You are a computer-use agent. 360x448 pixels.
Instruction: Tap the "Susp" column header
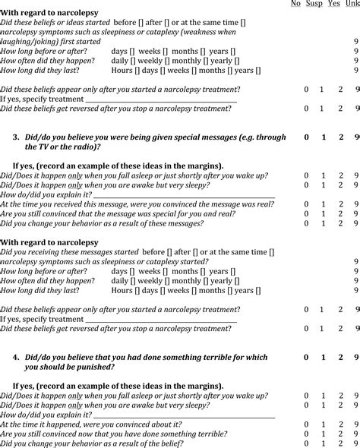pyautogui.click(x=314, y=4)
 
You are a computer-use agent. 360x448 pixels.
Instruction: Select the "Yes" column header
pyautogui.click(x=334, y=4)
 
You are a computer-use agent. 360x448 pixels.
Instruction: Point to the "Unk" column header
pyautogui.click(x=354, y=4)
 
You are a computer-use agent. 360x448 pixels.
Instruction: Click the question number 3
pyautogui.click(x=16, y=137)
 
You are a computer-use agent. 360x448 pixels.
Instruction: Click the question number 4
pyautogui.click(x=16, y=357)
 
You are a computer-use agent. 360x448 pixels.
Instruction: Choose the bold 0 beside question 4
pyautogui.click(x=306, y=357)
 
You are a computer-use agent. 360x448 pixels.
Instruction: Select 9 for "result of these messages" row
pyautogui.click(x=356, y=223)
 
